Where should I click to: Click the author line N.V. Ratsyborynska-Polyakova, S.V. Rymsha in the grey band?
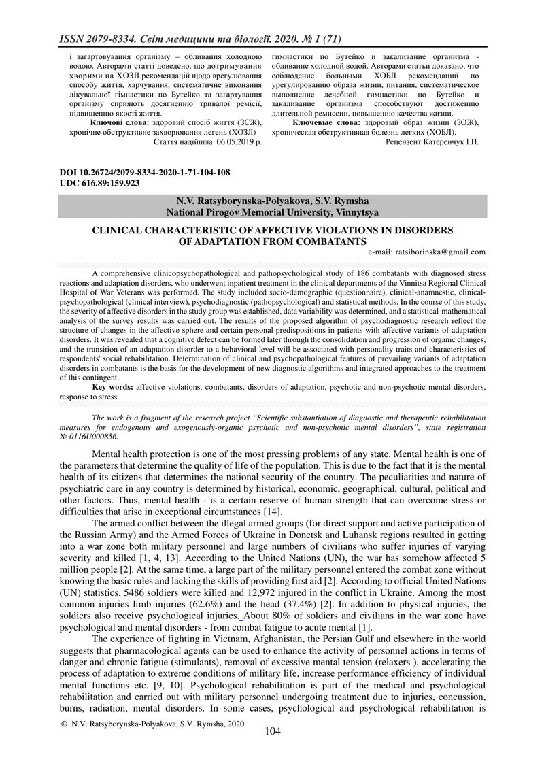[272, 201]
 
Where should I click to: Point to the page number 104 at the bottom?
[272, 731]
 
